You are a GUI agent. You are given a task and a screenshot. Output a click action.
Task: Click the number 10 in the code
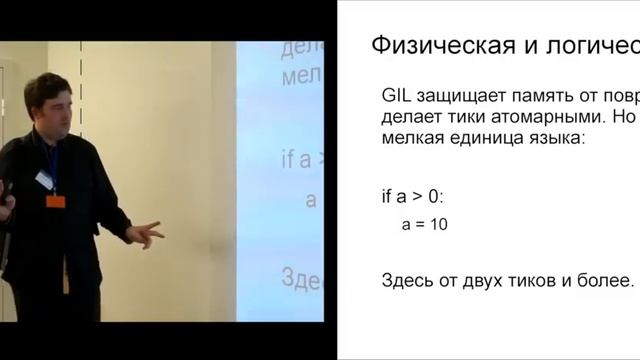(x=437, y=225)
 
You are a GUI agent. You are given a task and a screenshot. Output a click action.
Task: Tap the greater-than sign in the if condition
(x=428, y=196)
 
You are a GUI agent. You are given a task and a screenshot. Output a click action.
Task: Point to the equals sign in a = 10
(x=419, y=225)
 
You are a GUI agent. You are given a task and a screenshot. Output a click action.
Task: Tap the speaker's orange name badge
(x=55, y=200)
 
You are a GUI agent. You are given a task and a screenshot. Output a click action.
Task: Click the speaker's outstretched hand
(x=146, y=235)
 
